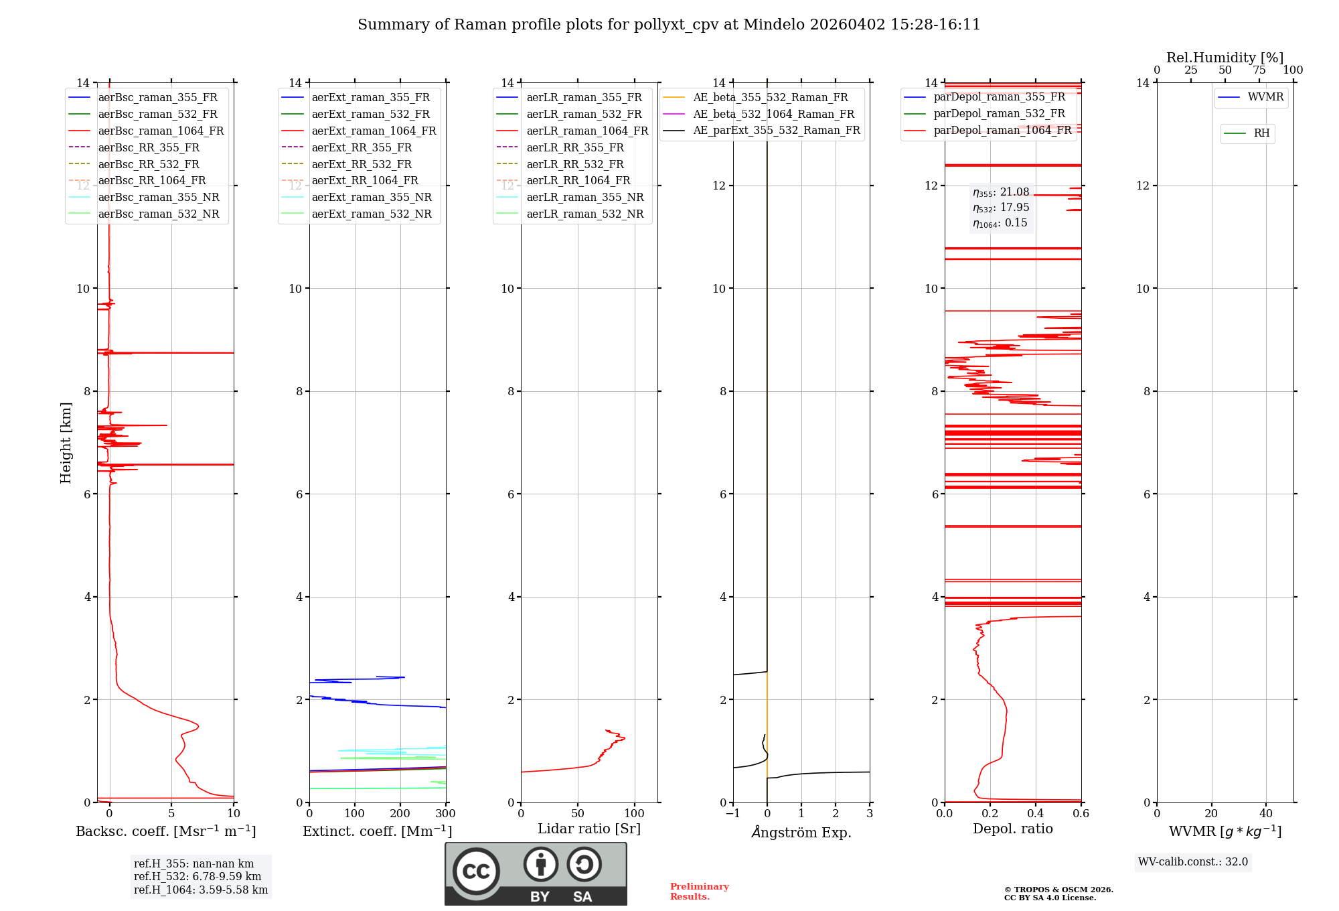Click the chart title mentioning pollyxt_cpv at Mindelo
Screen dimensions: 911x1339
click(x=669, y=25)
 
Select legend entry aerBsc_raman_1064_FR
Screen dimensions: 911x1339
click(x=161, y=131)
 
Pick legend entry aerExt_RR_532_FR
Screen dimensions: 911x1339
click(x=362, y=164)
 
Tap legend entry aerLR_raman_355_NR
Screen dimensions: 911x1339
click(x=584, y=197)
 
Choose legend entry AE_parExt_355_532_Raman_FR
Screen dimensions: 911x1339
click(x=776, y=130)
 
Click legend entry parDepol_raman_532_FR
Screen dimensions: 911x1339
click(x=999, y=114)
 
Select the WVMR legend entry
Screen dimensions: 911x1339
click(x=1265, y=97)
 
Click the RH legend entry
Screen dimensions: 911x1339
click(x=1261, y=133)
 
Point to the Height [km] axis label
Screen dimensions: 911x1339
click(x=66, y=442)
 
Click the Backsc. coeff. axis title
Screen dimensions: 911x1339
click(x=165, y=831)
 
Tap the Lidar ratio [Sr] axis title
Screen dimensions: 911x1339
click(x=588, y=829)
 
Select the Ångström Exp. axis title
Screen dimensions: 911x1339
click(x=801, y=833)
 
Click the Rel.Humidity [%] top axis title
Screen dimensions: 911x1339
click(x=1225, y=58)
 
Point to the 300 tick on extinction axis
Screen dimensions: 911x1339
click(x=445, y=814)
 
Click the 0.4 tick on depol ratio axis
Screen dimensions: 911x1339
click(x=1036, y=814)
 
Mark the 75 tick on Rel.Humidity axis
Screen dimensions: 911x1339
click(x=1259, y=70)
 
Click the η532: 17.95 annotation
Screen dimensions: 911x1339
click(x=1001, y=208)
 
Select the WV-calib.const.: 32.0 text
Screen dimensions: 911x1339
click(x=1192, y=862)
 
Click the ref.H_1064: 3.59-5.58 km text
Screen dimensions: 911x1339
click(x=201, y=890)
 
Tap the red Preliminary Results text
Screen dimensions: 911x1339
click(x=699, y=892)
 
